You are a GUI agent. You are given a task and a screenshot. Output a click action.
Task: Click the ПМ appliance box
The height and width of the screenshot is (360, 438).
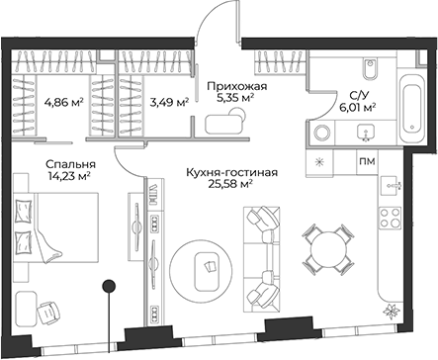click(365, 161)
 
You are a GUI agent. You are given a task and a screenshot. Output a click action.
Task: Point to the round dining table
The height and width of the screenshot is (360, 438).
click(325, 242)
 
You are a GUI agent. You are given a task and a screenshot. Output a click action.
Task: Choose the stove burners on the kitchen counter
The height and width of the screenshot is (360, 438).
click(391, 224)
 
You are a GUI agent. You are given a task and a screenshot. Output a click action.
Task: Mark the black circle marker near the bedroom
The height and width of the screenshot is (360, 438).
click(109, 288)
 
